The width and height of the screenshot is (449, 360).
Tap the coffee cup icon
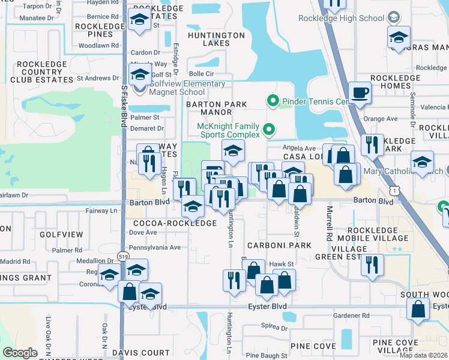tap(360, 93)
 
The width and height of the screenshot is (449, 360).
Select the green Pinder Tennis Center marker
tap(273, 101)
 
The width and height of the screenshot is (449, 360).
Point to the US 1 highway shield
tap(394, 190)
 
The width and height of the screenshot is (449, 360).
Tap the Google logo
tap(20, 353)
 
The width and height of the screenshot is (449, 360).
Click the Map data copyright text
tap(423, 355)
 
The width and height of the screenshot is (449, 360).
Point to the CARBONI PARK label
tap(283, 245)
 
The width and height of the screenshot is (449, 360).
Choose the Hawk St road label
tap(280, 264)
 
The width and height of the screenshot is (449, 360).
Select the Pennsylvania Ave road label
tap(155, 247)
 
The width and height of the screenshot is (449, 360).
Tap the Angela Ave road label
tap(300, 148)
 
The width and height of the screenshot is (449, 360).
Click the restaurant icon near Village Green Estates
tap(372, 264)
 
